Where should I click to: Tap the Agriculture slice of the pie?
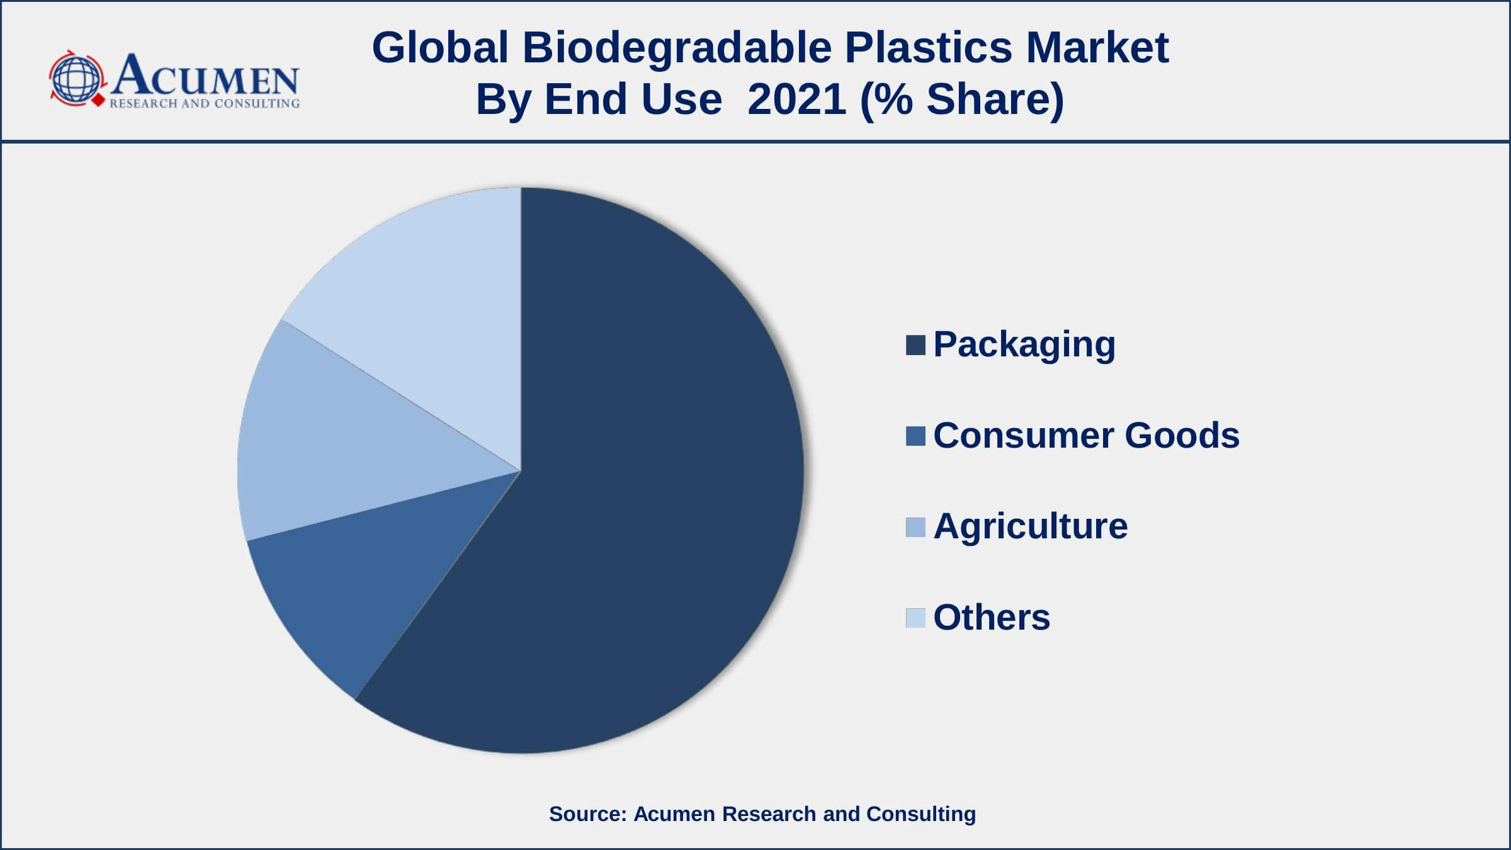353,441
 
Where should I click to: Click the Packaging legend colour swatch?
915,345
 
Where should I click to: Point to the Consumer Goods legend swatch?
915,436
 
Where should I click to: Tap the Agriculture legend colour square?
915,527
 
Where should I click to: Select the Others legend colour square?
915,618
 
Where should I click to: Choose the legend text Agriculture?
1031,527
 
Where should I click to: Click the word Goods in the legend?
1182,436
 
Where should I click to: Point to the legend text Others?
992,617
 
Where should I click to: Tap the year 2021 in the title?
797,99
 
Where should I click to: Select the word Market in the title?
1097,48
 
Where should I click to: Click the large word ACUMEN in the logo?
205,76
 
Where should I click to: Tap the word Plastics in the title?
928,48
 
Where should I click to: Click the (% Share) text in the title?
962,100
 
